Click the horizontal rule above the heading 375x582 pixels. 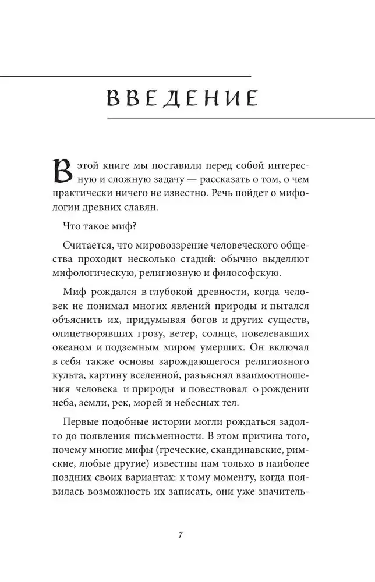pos(125,76)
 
